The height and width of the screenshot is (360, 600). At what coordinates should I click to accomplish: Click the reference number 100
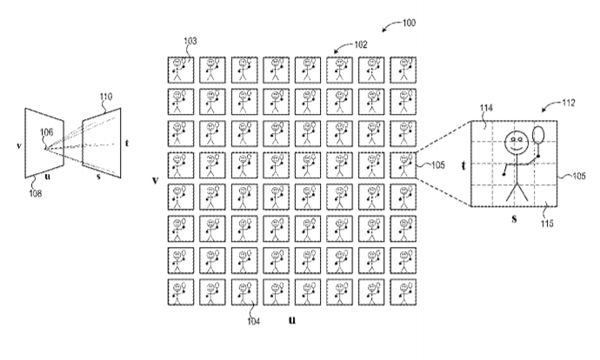coord(409,23)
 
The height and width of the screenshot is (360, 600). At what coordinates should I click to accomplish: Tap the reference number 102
coord(361,44)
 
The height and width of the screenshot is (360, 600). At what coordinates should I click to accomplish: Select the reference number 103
coord(190,41)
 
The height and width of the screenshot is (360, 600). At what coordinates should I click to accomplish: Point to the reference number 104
coord(253,322)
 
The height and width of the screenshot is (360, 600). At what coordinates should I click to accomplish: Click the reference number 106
coord(47,132)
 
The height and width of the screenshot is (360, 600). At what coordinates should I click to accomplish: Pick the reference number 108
coord(35,194)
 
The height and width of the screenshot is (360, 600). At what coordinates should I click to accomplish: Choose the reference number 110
coord(106,97)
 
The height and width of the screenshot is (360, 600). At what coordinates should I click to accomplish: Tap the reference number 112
coord(568,103)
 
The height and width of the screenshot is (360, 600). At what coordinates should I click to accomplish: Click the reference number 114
coord(486,108)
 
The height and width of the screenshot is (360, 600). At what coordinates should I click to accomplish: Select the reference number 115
coord(547,223)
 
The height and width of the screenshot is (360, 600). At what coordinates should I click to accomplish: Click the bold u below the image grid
coord(292,320)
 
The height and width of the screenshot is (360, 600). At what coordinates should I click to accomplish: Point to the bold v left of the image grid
coord(155,180)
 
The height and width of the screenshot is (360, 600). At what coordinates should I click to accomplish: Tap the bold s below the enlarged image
coord(514,219)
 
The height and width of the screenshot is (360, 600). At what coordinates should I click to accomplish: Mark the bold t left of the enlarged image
coord(463,166)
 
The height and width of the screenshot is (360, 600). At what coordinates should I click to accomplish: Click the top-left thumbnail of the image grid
coord(181,70)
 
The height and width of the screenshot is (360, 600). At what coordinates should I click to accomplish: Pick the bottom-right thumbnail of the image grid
coord(403,292)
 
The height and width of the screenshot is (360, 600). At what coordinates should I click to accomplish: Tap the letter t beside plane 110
coord(127,143)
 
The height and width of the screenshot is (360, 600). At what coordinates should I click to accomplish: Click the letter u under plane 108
coord(48,177)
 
